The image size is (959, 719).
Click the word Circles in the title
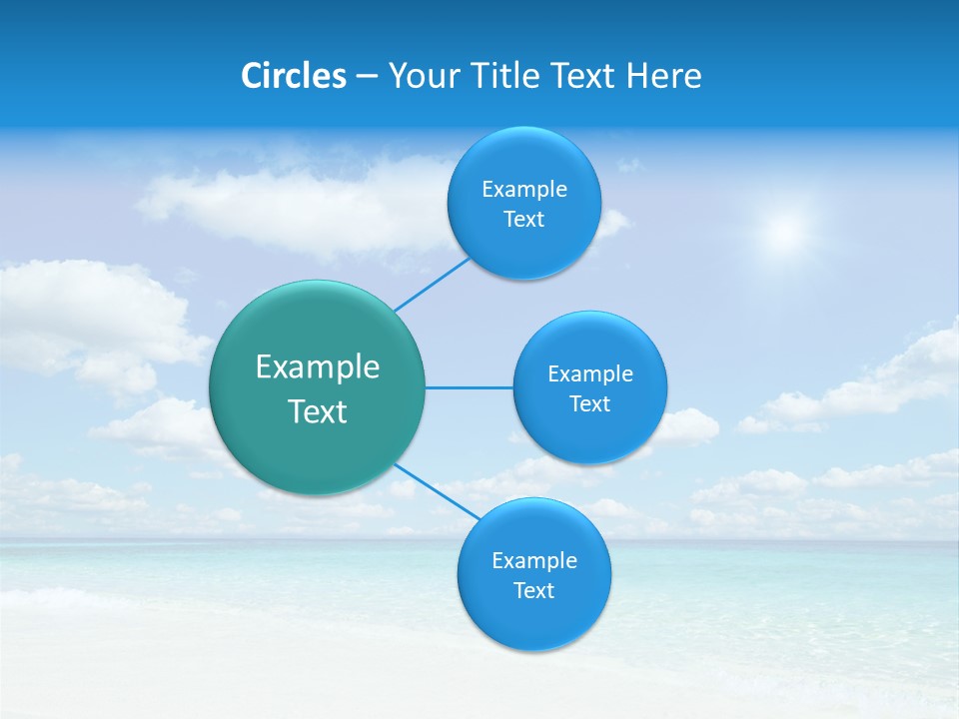point(294,76)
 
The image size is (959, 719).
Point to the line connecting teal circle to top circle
point(432,284)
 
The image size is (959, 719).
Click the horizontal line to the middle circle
point(469,387)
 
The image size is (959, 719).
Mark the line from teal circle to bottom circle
point(436,490)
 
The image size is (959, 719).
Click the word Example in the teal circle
point(318,367)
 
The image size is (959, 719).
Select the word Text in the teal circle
point(318,411)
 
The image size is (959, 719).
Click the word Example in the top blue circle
point(523,190)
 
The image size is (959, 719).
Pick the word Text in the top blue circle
point(523,220)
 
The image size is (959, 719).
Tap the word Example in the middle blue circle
point(590,374)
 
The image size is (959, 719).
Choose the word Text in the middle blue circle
point(589,404)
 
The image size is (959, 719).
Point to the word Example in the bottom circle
point(534,561)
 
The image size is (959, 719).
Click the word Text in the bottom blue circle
point(533,591)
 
